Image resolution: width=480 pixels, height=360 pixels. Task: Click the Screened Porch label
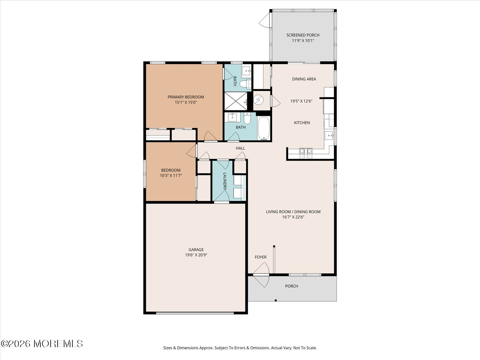(303, 35)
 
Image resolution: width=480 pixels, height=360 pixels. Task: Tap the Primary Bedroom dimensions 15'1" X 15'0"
(186, 102)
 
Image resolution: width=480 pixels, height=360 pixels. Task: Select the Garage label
(196, 250)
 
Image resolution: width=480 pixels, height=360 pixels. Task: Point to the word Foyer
(261, 257)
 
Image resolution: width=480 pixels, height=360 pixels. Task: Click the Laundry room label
(225, 181)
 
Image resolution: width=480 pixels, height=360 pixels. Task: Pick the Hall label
(240, 148)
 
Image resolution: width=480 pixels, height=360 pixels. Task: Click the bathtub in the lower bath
(264, 128)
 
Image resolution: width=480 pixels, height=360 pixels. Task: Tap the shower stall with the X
(236, 101)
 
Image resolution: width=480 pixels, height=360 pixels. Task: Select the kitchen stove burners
(306, 153)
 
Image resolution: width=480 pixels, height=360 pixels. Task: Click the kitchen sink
(329, 135)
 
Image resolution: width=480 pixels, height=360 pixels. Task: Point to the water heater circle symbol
(259, 100)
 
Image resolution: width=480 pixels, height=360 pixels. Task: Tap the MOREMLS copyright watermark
(42, 344)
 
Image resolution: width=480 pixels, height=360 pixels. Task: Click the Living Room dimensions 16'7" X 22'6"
(293, 217)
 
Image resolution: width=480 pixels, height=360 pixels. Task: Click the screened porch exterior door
(265, 20)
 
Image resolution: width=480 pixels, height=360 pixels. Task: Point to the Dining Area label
(304, 79)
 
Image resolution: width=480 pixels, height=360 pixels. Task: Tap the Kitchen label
(302, 123)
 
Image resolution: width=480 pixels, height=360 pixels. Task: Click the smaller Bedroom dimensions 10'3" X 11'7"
(171, 175)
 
